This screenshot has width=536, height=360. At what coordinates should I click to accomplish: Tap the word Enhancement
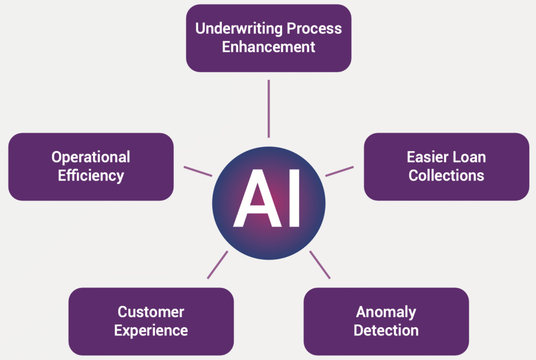coord(269,47)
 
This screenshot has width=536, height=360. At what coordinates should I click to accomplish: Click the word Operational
coord(91,157)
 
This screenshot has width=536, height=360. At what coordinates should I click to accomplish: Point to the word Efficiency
coord(91,175)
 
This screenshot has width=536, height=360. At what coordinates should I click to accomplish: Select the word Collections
coord(446,175)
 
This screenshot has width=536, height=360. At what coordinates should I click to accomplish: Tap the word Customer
coord(151,312)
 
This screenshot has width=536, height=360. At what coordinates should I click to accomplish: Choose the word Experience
coord(151,331)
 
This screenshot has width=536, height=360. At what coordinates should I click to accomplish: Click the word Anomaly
coord(386,312)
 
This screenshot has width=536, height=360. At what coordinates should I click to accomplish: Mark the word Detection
coord(386,331)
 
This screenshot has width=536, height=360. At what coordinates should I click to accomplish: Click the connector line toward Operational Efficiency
coord(198,171)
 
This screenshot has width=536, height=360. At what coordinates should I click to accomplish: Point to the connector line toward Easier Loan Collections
coord(339,171)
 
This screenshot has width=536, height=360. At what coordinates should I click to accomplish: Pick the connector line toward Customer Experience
coord(217,265)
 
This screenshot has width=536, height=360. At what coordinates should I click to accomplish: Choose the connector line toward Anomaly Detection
coord(320,265)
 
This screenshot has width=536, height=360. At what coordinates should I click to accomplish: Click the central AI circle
coord(269,230)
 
